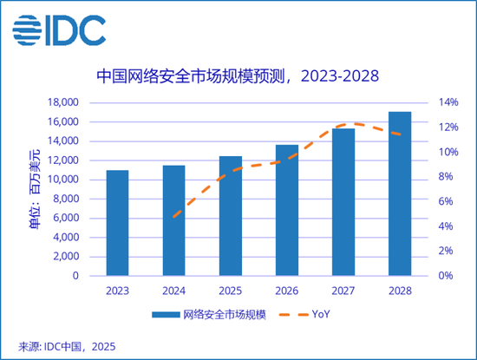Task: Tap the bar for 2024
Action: coord(173,220)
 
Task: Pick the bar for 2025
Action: coord(230,216)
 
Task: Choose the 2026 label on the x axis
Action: coord(286,291)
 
